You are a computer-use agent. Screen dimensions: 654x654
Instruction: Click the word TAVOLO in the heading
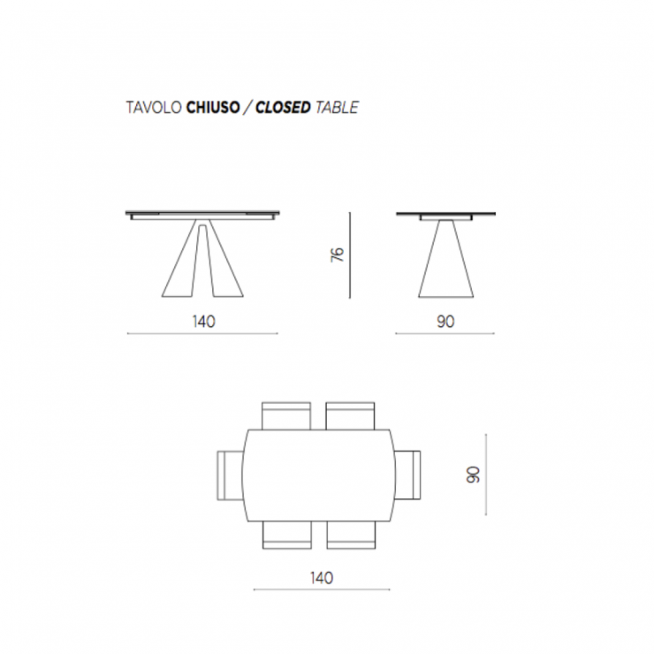[154, 108]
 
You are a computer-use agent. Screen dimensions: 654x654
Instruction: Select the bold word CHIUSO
[213, 108]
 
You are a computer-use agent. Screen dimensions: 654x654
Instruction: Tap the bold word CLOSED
[283, 108]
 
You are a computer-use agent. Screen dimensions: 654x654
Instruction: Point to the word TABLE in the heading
[337, 108]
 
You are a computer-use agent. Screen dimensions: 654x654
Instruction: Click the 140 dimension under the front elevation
[204, 322]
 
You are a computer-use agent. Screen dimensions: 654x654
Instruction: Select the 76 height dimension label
[337, 255]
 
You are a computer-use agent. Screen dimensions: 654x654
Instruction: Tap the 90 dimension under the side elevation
[445, 322]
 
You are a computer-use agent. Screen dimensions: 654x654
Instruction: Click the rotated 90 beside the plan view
[473, 475]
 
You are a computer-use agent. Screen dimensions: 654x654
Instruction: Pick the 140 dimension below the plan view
[322, 578]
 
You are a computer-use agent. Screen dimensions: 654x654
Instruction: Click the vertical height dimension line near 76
[350, 255]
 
